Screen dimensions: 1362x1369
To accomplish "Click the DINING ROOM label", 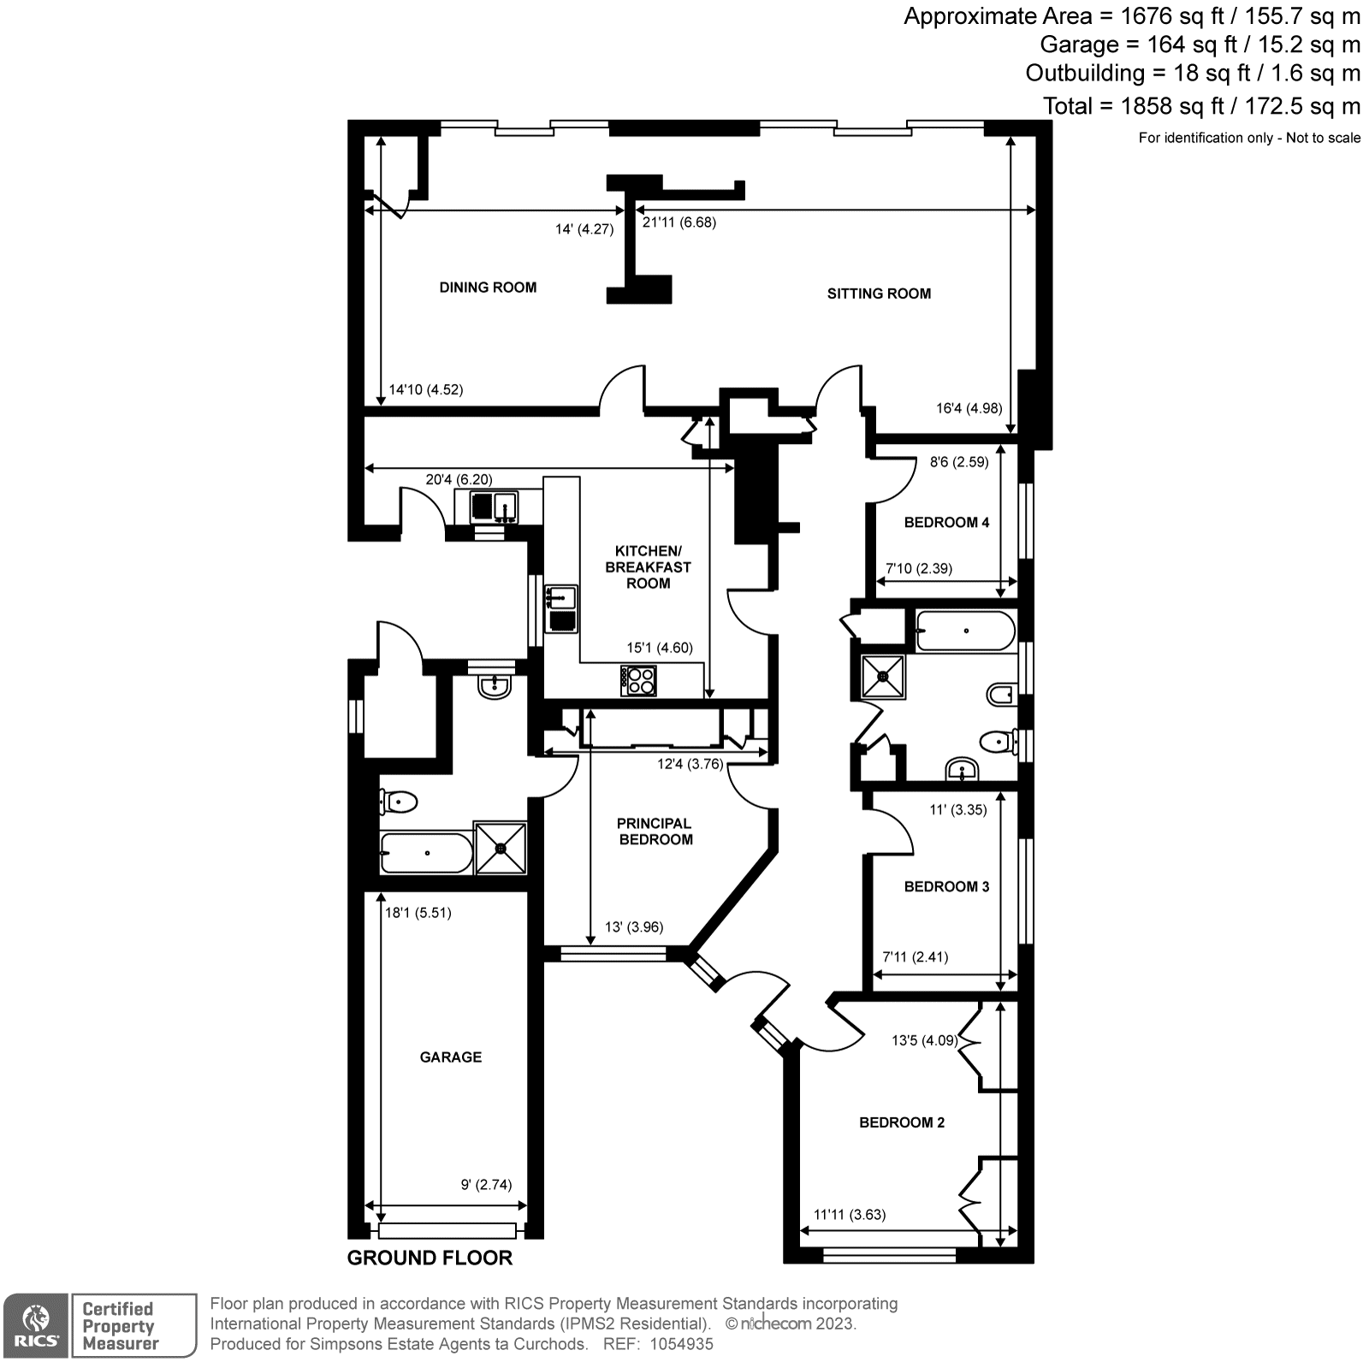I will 488,287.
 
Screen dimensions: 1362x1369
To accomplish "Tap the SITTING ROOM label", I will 879,293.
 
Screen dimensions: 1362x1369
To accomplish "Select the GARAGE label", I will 450,1057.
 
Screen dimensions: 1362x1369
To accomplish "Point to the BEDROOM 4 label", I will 946,523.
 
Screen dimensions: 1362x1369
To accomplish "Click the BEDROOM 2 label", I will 902,1122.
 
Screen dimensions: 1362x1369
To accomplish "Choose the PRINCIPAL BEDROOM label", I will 655,832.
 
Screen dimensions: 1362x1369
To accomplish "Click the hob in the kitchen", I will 639,681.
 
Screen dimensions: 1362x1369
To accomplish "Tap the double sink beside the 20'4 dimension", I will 494,506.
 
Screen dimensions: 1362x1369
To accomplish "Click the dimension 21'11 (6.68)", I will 679,222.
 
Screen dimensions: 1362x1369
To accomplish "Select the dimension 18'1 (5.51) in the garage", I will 418,913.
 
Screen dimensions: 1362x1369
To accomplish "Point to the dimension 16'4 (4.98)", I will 969,409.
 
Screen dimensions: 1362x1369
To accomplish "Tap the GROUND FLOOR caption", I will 430,1258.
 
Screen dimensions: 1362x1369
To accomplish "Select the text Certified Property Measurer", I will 120,1326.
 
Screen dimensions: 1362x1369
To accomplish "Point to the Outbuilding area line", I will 1192,74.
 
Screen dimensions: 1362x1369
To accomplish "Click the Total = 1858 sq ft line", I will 1200,106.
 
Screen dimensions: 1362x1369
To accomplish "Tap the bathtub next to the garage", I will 425,853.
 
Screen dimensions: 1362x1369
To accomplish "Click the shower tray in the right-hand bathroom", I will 883,677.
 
